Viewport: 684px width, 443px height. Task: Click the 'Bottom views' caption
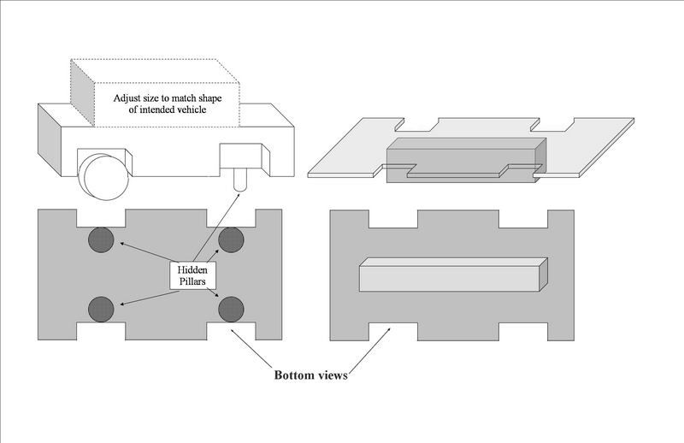pos(310,375)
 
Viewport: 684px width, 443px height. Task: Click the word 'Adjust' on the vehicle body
pos(131,97)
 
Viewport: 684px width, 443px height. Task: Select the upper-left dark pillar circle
pos(103,240)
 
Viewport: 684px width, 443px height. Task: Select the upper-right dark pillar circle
pos(232,240)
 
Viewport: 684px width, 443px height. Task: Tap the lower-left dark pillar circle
pos(103,307)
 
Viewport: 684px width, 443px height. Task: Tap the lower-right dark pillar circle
pos(232,307)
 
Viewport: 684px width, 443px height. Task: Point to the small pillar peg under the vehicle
pos(239,180)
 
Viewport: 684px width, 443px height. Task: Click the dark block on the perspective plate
pos(462,157)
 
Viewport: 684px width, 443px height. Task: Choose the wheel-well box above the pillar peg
pos(240,156)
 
